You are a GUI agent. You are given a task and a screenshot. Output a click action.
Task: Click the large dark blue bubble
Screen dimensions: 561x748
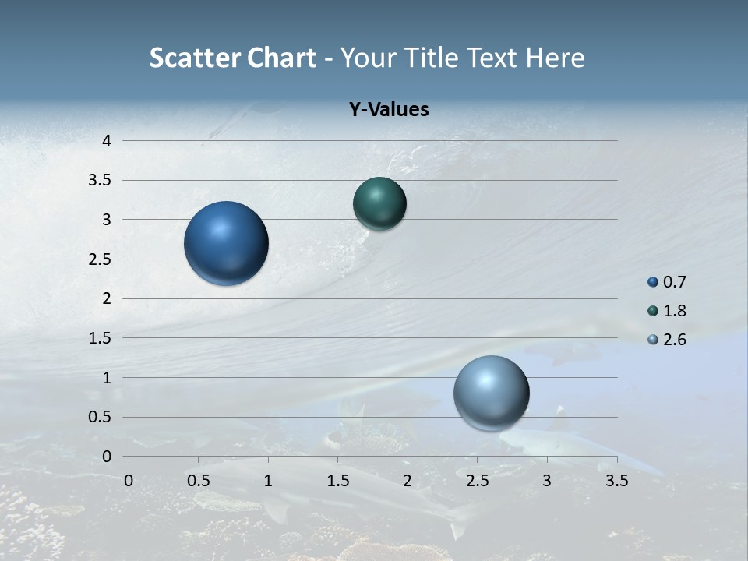click(227, 243)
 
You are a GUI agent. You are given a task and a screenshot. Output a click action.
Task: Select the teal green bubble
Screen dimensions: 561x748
click(379, 204)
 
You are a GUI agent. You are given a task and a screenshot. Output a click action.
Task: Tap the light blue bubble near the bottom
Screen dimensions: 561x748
click(491, 393)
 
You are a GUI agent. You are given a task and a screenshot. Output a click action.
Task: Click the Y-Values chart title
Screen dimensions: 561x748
click(389, 110)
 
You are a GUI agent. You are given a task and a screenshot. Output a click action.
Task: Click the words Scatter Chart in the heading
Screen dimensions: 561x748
click(233, 58)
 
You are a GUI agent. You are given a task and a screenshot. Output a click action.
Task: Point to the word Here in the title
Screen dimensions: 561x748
click(555, 58)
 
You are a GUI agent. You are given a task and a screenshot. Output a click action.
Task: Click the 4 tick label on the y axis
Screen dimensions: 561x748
click(107, 141)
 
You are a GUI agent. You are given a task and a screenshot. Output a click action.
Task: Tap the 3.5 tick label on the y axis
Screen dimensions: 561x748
click(100, 181)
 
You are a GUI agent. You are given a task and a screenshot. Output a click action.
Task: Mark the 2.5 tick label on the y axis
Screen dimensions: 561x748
click(100, 259)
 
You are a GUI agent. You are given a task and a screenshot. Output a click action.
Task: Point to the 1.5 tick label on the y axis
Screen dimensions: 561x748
click(100, 338)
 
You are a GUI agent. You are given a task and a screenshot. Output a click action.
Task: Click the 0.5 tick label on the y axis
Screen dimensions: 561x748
click(100, 417)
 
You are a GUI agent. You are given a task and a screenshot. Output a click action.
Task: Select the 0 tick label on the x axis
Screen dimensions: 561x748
click(129, 479)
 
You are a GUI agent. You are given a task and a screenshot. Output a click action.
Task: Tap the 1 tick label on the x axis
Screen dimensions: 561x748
click(269, 479)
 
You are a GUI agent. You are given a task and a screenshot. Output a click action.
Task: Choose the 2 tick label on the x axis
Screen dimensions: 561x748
click(408, 479)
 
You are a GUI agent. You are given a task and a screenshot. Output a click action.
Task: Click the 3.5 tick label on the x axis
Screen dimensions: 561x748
click(617, 479)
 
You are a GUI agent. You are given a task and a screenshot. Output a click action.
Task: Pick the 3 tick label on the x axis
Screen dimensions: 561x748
click(547, 479)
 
